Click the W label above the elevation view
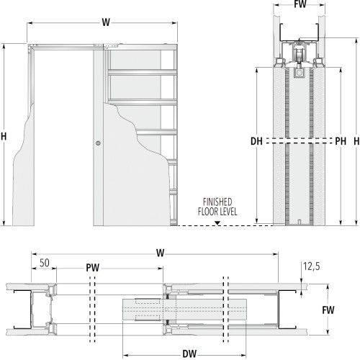(106, 22)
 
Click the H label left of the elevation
(4, 137)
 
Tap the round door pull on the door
(98, 143)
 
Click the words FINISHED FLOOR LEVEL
(217, 207)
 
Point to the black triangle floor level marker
(217, 223)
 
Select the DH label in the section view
(256, 141)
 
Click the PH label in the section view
(341, 141)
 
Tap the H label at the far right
(356, 141)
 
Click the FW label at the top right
(300, 4)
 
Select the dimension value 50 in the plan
(45, 263)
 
